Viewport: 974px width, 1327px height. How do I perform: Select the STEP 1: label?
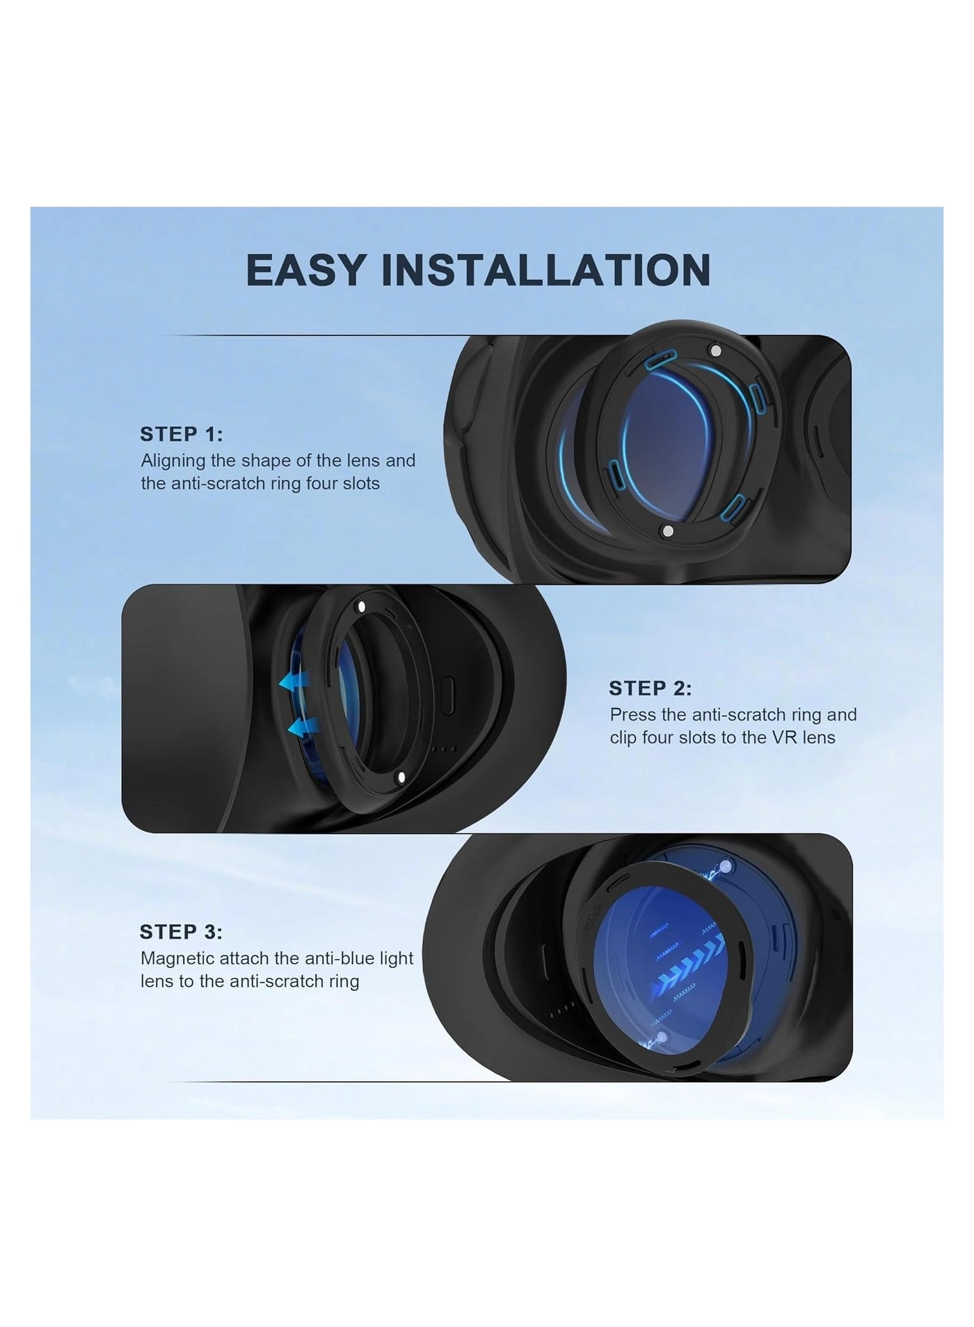click(x=182, y=434)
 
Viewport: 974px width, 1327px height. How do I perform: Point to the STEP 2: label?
click(x=650, y=688)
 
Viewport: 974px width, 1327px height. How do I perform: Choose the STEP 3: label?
click(x=181, y=931)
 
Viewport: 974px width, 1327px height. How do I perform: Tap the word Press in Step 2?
click(x=632, y=714)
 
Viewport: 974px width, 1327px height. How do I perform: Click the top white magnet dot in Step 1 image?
click(x=713, y=350)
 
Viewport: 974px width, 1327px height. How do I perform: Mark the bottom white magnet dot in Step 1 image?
click(x=667, y=531)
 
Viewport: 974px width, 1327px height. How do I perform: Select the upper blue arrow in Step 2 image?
click(x=295, y=682)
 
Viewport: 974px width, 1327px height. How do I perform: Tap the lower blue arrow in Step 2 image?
click(x=303, y=727)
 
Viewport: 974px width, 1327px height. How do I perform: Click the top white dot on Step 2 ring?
click(x=360, y=606)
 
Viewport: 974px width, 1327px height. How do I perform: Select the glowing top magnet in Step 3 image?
click(x=728, y=865)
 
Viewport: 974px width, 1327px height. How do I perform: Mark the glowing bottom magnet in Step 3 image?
click(x=661, y=1037)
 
